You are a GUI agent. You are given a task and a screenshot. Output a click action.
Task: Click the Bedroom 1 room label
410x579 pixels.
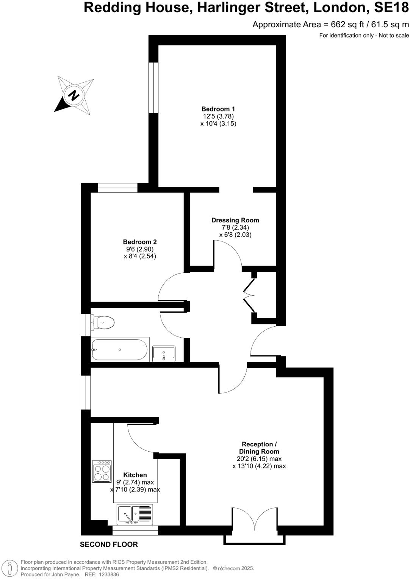[x=218, y=109]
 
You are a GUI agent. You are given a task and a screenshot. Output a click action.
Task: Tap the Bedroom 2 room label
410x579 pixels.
[x=140, y=242]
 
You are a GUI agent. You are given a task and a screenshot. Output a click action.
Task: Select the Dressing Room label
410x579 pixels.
[x=235, y=220]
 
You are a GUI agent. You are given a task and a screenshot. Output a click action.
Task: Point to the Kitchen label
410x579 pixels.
[x=135, y=475]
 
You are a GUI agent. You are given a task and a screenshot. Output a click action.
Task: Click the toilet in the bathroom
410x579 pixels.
[x=103, y=323]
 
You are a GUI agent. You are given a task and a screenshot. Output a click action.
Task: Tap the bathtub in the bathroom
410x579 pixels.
[x=119, y=349]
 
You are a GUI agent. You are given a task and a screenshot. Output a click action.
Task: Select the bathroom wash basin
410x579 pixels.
[x=164, y=353]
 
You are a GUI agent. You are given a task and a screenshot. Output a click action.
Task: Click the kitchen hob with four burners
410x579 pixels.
[x=102, y=471]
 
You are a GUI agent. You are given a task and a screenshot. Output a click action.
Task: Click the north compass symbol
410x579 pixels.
[x=74, y=95]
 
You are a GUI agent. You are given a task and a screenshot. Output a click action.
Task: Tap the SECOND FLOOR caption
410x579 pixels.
[x=109, y=545]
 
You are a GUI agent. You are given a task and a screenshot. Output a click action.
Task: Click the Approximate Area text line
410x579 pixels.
[x=330, y=25]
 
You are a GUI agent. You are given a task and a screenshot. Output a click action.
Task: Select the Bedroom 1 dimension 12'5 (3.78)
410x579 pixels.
[x=218, y=116]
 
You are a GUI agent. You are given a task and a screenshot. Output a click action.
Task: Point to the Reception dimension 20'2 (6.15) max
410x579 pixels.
[x=259, y=459]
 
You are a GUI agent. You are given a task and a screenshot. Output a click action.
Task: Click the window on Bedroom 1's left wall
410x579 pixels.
[x=153, y=88]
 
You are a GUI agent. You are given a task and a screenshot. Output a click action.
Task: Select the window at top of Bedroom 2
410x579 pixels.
[x=117, y=188]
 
